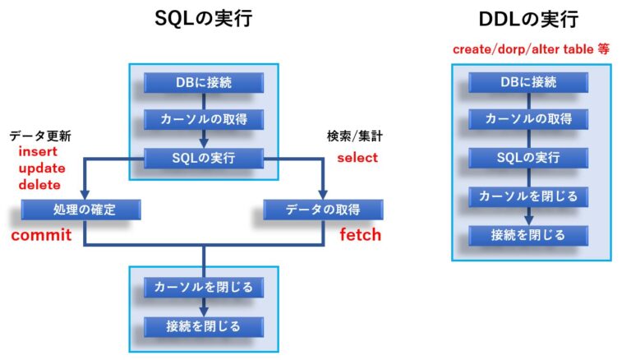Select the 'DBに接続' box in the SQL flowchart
204,83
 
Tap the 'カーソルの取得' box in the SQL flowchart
204,120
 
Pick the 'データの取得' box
323,210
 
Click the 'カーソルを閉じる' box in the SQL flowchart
204,288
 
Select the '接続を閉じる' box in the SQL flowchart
204,326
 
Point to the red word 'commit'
41,236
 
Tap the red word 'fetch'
360,235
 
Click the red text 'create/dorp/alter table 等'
531,49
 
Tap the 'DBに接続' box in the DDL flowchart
528,82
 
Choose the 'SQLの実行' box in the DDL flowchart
528,157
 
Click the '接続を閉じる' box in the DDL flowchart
528,235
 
